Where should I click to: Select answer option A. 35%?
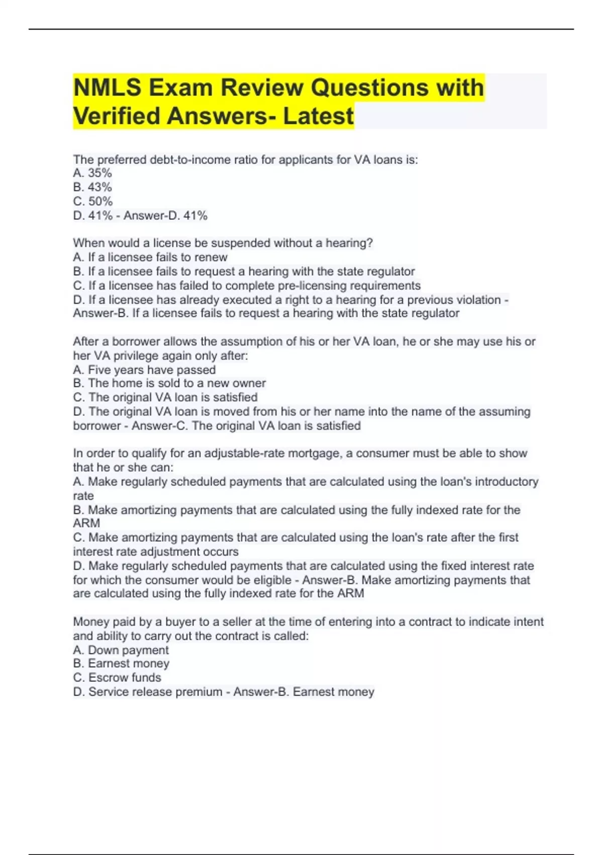(92, 173)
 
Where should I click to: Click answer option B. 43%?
(92, 187)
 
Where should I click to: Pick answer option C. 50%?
(92, 201)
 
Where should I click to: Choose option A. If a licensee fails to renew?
(150, 257)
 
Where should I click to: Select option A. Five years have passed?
(144, 370)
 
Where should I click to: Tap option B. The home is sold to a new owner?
(169, 383)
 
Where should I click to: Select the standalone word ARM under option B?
(86, 523)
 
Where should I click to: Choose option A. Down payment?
(121, 650)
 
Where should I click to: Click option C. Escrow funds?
(117, 677)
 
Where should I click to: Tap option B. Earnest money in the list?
(121, 663)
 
